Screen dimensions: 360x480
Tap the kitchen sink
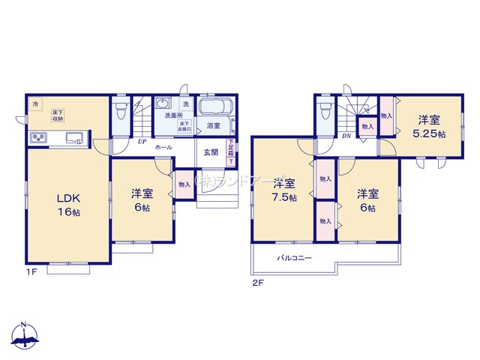pos(74,138)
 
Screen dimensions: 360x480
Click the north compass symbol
pos(25,337)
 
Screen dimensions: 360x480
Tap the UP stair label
pos(140,141)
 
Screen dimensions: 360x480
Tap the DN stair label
pos(346,136)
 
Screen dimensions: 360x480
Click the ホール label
pos(163,148)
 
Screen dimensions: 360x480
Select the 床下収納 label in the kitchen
pos(58,115)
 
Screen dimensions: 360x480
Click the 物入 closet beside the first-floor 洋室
pos(183,184)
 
